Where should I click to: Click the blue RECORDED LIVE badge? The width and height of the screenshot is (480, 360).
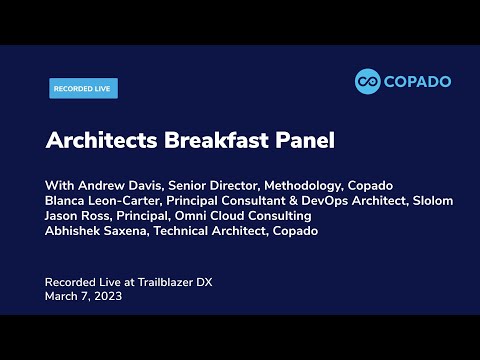[x=84, y=88]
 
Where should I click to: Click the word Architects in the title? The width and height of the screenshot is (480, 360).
[x=95, y=141]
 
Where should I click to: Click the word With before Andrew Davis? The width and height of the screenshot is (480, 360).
[x=59, y=186]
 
